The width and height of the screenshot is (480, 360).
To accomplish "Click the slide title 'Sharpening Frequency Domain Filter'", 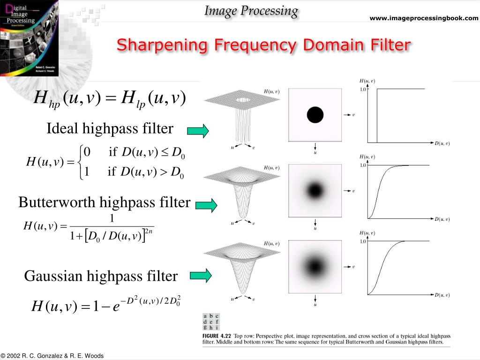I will [263, 45].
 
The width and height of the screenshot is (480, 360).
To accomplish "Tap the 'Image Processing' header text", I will [251, 11].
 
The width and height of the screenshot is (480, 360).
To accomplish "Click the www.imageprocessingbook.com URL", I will [424, 18].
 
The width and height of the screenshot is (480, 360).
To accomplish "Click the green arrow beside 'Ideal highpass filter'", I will [198, 131].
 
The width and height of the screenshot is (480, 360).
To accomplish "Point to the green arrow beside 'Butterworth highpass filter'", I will [206, 205].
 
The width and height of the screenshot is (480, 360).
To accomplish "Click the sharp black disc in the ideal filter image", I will [315, 114].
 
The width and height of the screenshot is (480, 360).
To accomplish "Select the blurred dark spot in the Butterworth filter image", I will [315, 190].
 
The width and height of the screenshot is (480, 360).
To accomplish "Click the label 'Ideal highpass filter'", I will [110, 128].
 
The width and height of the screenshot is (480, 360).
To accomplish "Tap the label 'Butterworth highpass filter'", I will [104, 202].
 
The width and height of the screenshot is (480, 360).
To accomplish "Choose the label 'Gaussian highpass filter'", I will [101, 276].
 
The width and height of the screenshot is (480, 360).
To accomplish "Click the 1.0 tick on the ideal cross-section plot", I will [363, 89].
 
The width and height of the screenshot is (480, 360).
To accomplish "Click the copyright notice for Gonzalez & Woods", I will [52, 356].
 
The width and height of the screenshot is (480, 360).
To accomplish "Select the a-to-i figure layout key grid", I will [211, 322].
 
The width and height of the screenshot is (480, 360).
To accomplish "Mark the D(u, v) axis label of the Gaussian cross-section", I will [442, 295].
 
